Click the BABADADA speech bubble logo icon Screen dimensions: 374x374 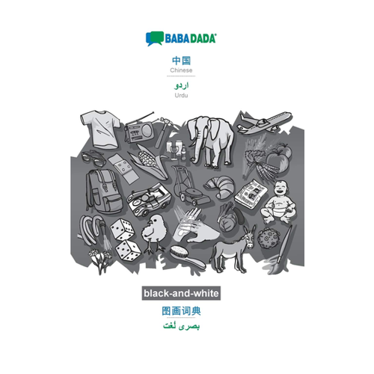pos(154,38)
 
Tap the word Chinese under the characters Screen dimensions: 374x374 pos(181,70)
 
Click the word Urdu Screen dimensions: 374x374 pos(181,95)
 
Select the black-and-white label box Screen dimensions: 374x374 pos(181,293)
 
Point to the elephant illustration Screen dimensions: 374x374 pos(211,141)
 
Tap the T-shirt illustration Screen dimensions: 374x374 pos(101,129)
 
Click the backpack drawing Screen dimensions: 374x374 pos(103,191)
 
